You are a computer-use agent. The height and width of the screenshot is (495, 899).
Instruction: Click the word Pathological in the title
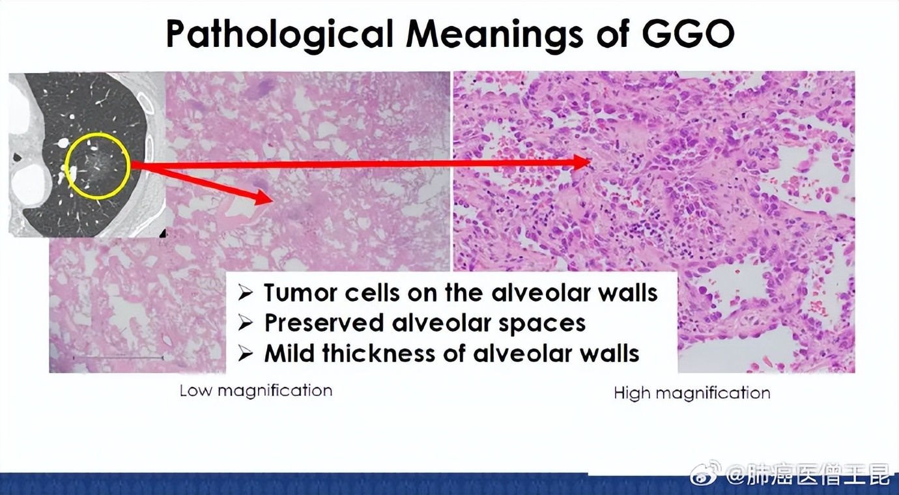(279, 34)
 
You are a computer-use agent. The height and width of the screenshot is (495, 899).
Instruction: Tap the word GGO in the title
(688, 33)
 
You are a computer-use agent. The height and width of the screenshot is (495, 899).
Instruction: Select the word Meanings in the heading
(494, 35)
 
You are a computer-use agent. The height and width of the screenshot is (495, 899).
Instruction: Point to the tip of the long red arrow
(591, 162)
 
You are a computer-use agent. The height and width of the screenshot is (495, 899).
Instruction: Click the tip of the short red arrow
(274, 199)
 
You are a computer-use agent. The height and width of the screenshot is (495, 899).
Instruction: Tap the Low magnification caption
(255, 391)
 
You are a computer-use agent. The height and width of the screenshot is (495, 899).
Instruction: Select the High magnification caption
(692, 393)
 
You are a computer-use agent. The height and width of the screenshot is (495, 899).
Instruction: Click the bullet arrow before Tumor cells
(245, 293)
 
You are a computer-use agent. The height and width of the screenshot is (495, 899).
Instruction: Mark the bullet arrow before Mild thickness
(245, 354)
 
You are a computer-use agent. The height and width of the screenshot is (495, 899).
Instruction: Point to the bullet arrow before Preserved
(245, 323)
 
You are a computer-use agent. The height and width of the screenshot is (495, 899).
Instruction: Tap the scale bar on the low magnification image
(119, 357)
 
